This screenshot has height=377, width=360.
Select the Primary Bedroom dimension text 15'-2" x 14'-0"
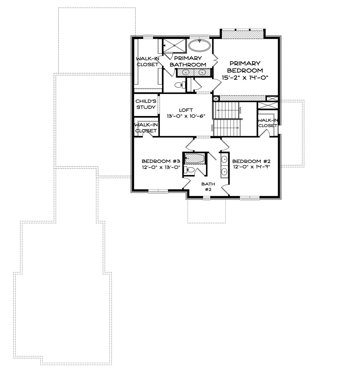click(x=245, y=78)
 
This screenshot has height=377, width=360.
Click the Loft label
click(x=186, y=110)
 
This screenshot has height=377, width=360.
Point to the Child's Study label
click(x=146, y=104)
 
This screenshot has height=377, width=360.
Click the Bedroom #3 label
click(x=161, y=161)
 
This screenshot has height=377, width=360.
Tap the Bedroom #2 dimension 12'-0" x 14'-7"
click(x=252, y=167)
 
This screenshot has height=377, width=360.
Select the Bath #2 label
click(x=208, y=187)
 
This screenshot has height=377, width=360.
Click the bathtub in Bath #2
click(x=195, y=158)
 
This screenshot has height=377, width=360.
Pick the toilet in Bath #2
click(x=189, y=170)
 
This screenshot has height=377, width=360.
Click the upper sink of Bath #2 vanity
click(x=224, y=159)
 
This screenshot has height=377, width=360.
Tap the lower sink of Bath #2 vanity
click(x=224, y=171)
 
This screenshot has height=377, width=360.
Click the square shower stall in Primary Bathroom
click(x=174, y=46)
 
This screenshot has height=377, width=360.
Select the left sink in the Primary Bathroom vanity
click(x=185, y=72)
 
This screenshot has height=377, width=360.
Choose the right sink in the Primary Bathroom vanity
click(x=202, y=72)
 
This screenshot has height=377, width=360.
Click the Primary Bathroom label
click(x=188, y=61)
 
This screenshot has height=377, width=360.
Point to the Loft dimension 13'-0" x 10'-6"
click(x=186, y=116)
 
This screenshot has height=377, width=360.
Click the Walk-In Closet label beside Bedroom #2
click(x=268, y=123)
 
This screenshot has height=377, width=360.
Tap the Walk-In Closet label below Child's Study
click(x=146, y=128)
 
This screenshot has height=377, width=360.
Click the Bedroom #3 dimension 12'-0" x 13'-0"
click(x=161, y=167)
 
